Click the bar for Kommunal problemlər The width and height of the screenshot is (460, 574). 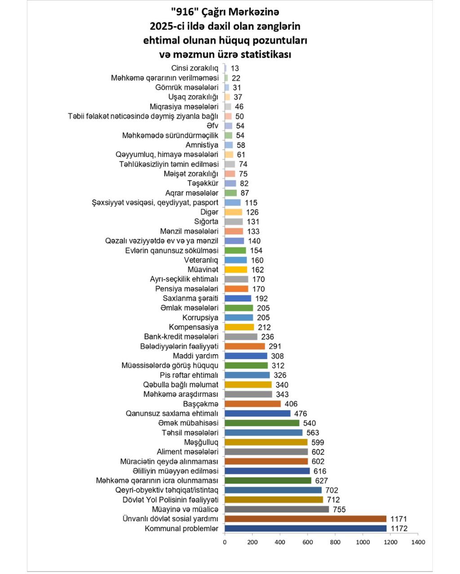click(x=305, y=528)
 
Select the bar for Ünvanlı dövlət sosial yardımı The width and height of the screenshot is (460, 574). click(x=305, y=519)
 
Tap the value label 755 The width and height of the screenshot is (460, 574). click(x=339, y=509)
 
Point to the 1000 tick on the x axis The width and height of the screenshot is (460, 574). click(x=363, y=542)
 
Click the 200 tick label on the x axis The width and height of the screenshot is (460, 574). click(x=252, y=542)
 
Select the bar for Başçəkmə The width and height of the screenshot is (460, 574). click(x=252, y=404)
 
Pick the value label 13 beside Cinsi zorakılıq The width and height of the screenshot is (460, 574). click(x=235, y=69)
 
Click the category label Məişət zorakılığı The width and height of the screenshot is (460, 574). click(x=191, y=174)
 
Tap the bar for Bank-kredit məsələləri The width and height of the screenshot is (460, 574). click(x=241, y=337)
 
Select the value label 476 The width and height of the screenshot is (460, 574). click(x=301, y=413)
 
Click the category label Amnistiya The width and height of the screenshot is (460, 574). click(x=202, y=145)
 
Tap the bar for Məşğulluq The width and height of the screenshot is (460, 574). click(x=266, y=442)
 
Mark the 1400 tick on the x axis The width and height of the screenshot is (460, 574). click(x=418, y=542)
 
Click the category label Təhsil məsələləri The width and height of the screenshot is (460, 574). click(x=190, y=433)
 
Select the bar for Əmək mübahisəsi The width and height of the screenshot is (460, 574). click(x=262, y=423)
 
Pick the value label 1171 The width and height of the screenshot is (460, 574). click(x=398, y=519)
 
